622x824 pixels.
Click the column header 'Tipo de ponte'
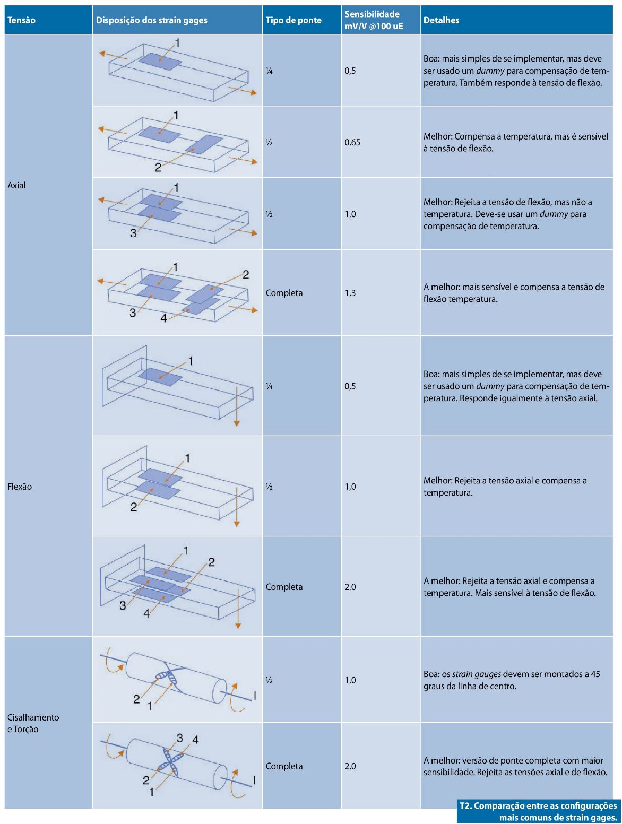point(293,20)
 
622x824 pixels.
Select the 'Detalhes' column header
point(441,20)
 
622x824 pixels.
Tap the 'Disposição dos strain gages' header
point(152,20)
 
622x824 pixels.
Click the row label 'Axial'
point(16,185)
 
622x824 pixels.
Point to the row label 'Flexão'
point(20,487)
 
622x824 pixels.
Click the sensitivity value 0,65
point(352,143)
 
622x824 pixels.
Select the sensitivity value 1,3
point(350,293)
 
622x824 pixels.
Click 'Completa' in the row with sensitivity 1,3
point(284,293)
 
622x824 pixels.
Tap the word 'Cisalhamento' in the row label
point(33,717)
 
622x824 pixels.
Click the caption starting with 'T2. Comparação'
point(538,812)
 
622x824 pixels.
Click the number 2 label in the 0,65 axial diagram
point(158,168)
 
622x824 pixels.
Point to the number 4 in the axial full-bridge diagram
point(163,318)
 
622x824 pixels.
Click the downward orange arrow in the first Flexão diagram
point(237,406)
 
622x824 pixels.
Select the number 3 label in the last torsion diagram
point(180,738)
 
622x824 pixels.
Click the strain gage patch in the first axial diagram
point(160,62)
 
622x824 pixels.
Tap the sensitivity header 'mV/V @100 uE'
point(374,27)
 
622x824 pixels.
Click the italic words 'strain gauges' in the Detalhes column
point(477,674)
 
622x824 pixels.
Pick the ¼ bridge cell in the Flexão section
point(269,386)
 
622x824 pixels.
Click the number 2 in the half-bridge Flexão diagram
point(134,507)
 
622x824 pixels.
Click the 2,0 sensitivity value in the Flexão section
point(350,587)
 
